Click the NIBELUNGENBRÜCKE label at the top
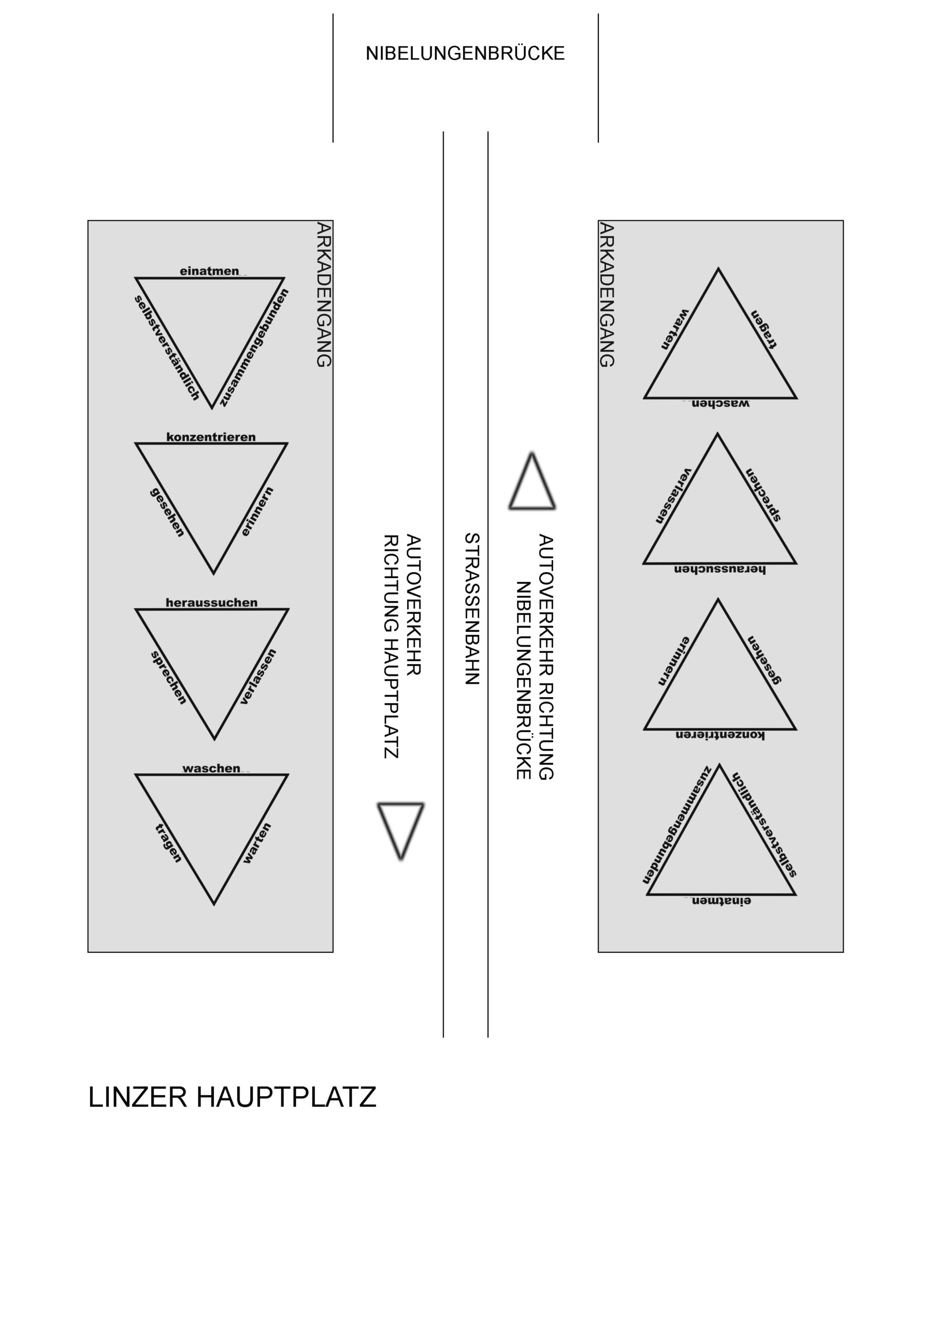(x=465, y=54)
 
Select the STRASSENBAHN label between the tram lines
(x=471, y=609)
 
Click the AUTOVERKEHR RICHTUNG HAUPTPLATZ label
(x=403, y=647)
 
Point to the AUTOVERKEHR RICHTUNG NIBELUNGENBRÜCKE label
(x=534, y=657)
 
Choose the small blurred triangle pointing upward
(x=532, y=480)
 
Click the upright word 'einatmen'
(x=209, y=271)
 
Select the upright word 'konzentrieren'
(x=211, y=437)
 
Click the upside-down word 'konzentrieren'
(x=720, y=735)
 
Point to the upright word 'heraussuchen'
(x=211, y=602)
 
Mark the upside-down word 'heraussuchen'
(x=720, y=569)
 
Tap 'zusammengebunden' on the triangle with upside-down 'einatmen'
(x=677, y=824)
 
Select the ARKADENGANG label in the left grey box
(x=324, y=294)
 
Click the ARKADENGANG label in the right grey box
(x=607, y=294)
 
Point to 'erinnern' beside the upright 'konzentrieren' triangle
(x=257, y=512)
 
